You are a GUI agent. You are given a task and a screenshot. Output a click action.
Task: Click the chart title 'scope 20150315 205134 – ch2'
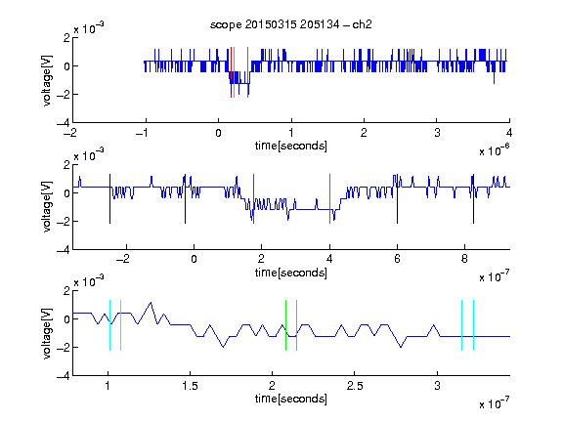(x=290, y=24)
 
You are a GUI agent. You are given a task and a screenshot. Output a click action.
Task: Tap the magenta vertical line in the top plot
(x=247, y=72)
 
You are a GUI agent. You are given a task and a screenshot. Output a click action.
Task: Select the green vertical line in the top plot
(x=235, y=72)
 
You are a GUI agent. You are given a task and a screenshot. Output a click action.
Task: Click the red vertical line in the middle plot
(x=253, y=199)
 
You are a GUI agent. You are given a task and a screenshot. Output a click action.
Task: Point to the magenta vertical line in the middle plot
(x=329, y=199)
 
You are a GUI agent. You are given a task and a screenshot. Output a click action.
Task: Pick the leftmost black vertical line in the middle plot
(x=109, y=199)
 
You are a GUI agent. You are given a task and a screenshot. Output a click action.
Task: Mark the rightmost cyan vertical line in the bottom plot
(x=474, y=325)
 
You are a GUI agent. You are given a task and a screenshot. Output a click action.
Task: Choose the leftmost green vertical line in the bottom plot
(x=285, y=325)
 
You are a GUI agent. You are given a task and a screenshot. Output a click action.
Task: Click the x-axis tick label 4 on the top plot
(x=509, y=133)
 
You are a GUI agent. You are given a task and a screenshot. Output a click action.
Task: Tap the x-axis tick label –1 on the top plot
(x=142, y=133)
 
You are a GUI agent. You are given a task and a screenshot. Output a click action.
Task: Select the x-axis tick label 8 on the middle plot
(x=464, y=259)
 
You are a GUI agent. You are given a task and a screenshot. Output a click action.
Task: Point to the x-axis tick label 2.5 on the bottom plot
(x=355, y=386)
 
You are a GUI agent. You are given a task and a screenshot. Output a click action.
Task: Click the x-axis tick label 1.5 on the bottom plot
(x=190, y=386)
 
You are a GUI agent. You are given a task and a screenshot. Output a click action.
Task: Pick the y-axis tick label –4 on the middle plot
(x=64, y=250)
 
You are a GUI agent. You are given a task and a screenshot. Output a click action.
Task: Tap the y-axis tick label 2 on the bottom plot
(x=66, y=290)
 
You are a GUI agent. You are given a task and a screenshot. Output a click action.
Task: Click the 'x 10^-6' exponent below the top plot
(x=495, y=150)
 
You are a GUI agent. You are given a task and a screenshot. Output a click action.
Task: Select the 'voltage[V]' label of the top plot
(x=47, y=80)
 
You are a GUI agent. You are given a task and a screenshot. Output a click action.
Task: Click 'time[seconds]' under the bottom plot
(x=291, y=399)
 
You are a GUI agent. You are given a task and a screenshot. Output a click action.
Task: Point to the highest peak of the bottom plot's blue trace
(x=151, y=303)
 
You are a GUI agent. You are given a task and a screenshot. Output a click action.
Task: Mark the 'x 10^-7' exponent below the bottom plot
(x=495, y=403)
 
